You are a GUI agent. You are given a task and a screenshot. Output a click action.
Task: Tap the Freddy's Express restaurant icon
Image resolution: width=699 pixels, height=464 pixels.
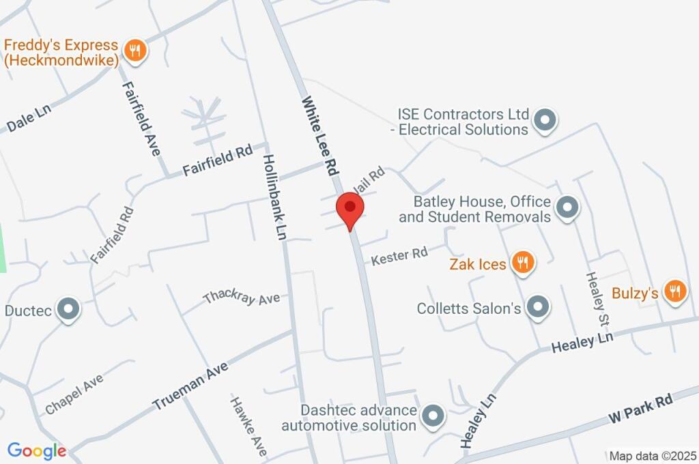pos(136,50)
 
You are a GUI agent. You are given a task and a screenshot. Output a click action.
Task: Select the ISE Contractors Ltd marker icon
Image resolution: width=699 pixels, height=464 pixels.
pos(545,120)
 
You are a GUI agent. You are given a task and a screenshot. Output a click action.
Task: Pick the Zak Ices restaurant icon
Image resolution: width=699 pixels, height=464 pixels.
pos(522,262)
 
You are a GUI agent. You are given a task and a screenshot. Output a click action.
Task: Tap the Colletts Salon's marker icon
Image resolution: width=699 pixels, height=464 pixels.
pos(538,307)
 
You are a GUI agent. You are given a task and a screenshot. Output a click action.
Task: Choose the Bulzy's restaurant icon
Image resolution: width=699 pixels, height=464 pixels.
pos(674,291)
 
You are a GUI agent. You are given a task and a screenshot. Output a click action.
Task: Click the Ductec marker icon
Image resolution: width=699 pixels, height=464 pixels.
pos(68,310)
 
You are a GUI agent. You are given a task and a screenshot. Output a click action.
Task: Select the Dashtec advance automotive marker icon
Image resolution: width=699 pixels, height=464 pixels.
pos(432,416)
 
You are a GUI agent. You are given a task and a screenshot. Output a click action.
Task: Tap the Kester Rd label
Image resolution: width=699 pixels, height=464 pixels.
pos(399,257)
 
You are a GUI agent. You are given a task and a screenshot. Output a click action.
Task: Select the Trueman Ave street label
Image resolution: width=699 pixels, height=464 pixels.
pos(190,386)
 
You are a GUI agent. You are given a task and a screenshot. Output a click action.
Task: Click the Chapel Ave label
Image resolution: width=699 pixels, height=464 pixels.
pos(74,394)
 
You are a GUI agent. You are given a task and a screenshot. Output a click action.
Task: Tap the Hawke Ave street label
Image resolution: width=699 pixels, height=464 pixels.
pos(247,427)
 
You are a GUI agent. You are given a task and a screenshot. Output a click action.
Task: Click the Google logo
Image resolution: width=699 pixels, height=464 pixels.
pos(37,450)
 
